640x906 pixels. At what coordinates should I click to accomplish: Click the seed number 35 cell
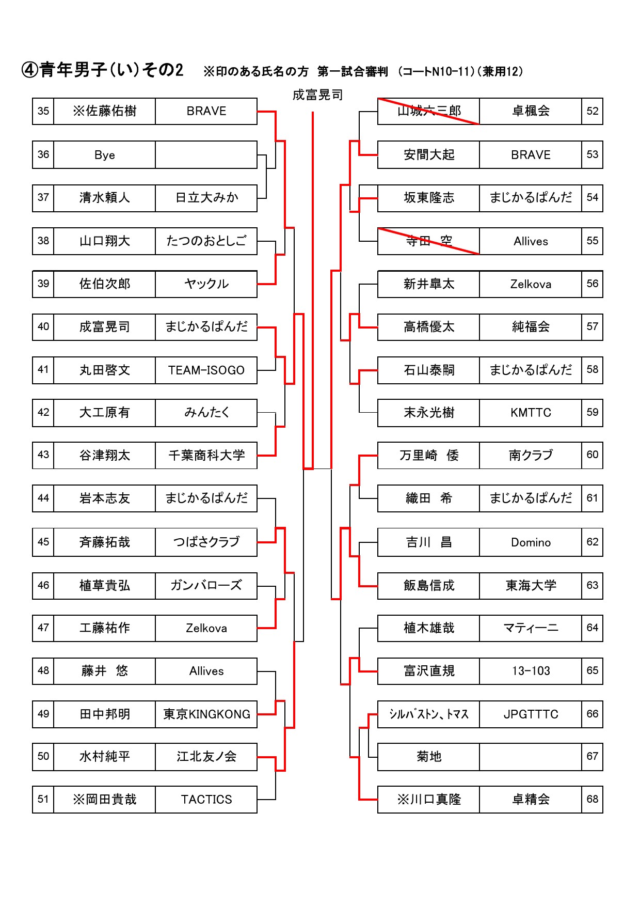tap(43, 111)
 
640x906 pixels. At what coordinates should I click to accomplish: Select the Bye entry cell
tap(104, 155)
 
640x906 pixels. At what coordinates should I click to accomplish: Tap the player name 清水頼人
tap(104, 198)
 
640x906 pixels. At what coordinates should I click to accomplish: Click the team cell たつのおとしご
tap(206, 241)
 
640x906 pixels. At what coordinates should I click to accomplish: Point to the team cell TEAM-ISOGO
tap(206, 370)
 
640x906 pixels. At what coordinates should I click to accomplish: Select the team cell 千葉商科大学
tap(206, 455)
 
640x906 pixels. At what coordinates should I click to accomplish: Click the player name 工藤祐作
tap(104, 628)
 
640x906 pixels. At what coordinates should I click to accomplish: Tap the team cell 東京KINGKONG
tap(206, 714)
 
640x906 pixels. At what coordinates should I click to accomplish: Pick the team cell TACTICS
tap(206, 799)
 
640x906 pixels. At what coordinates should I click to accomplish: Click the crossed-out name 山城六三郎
tap(429, 111)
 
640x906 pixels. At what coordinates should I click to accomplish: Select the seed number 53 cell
tap(592, 155)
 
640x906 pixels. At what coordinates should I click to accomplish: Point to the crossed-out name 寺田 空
tap(429, 241)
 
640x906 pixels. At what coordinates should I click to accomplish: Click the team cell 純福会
tap(531, 326)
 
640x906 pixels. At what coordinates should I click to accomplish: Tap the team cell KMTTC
tap(531, 412)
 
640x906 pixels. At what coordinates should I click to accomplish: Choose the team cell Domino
tap(531, 542)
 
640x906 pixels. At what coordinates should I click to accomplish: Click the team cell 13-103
tap(531, 670)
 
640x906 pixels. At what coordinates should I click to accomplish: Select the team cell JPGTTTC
tap(531, 714)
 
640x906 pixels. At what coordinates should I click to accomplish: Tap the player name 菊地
tap(429, 756)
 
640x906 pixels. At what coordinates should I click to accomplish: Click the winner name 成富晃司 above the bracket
tap(317, 95)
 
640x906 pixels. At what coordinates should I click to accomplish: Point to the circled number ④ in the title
tap(30, 70)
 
